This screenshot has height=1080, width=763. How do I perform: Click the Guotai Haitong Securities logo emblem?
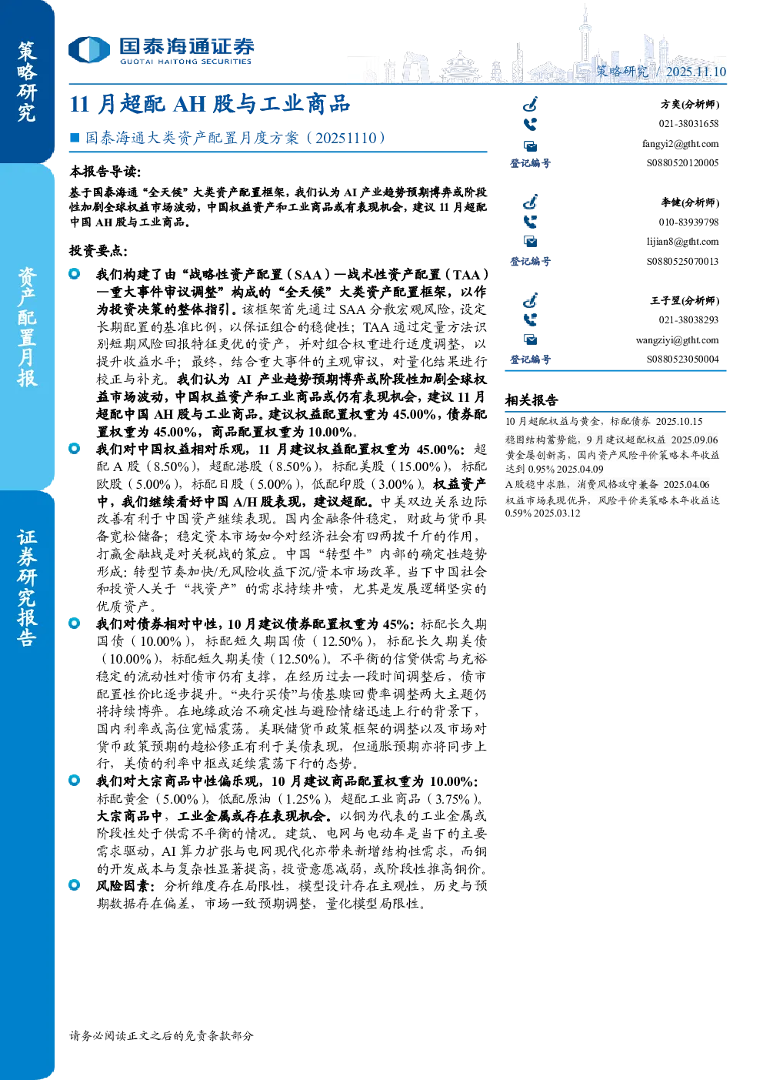tap(89, 50)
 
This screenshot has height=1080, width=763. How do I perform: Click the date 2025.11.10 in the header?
tap(695, 72)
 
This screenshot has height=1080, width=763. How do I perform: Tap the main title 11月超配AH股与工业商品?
tap(210, 104)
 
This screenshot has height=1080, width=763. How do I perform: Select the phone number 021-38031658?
tap(688, 123)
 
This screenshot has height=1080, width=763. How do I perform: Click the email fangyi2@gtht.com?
tap(680, 144)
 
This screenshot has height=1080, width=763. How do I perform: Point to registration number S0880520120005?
tap(682, 163)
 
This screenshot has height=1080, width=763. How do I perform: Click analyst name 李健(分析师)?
tap(690, 202)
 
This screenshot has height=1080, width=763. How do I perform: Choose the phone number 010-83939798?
tap(688, 222)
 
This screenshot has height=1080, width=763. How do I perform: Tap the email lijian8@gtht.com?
tap(682, 242)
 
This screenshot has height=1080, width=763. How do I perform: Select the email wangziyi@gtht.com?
tap(677, 340)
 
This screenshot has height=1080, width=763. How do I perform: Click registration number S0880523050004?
tap(682, 359)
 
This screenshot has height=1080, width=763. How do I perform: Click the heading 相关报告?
tap(531, 400)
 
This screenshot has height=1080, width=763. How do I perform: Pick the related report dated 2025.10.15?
tap(604, 421)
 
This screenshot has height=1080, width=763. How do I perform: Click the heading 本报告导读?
tap(105, 171)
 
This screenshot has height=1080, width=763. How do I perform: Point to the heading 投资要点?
tap(98, 250)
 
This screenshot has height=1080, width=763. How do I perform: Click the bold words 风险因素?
tap(125, 886)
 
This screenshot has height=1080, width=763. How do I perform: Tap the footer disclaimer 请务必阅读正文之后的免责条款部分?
tap(161, 1035)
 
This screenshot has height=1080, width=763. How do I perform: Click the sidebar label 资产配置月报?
tap(27, 327)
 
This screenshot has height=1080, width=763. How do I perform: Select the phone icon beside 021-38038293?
tap(530, 319)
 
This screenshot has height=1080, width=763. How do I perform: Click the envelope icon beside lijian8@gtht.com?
tap(530, 242)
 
